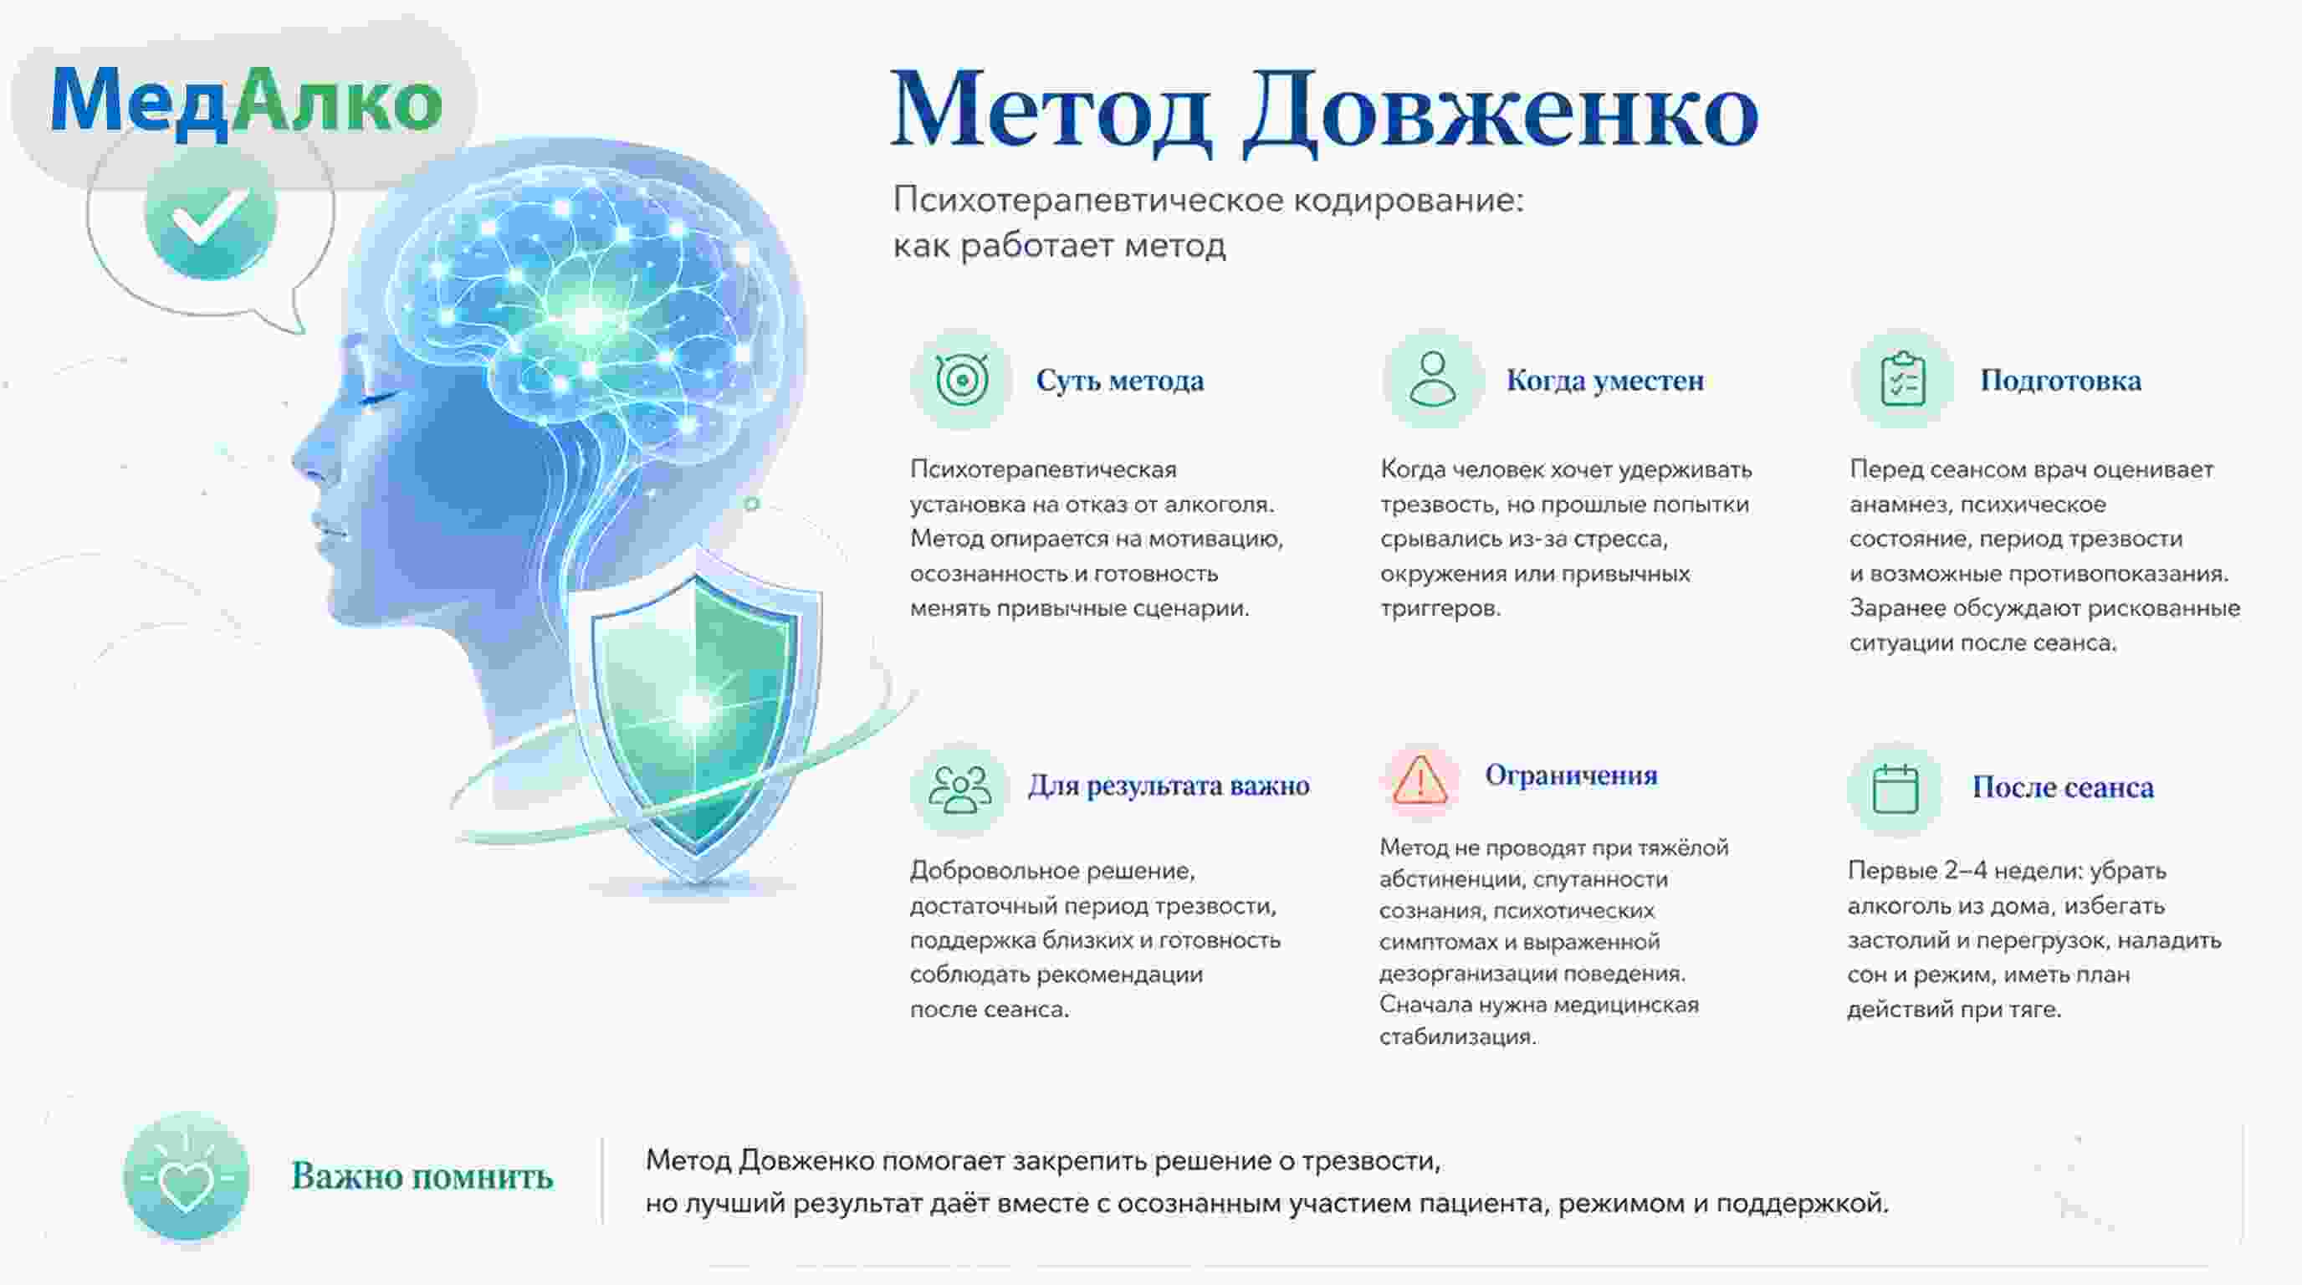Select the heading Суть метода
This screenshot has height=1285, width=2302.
(1120, 381)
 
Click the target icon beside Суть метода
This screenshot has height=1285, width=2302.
(962, 380)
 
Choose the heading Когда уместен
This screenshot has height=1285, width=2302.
(1605, 381)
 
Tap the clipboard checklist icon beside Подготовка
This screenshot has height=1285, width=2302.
(1902, 379)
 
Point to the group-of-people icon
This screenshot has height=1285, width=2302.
(959, 789)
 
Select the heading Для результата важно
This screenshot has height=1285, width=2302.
(1169, 786)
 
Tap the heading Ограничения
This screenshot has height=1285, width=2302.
(1571, 775)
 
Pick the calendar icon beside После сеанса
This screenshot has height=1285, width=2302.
(1895, 789)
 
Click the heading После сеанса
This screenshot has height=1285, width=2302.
(2064, 787)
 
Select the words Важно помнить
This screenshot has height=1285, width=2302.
(422, 1177)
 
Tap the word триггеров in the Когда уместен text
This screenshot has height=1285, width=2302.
(1440, 609)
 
